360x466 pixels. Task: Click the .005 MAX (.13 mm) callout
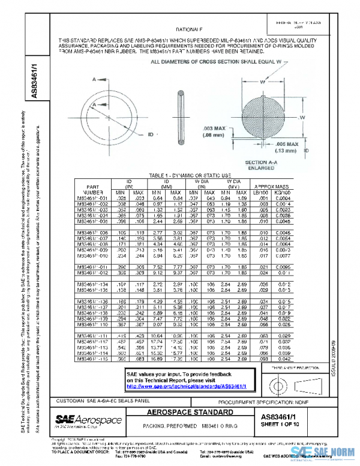tap(290, 148)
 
